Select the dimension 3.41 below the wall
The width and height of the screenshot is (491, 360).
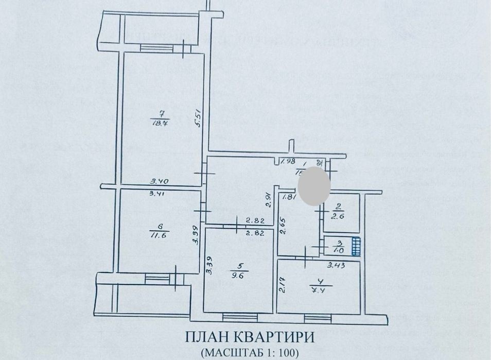pyautogui.click(x=158, y=194)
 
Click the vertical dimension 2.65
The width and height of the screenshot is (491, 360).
pyautogui.click(x=282, y=226)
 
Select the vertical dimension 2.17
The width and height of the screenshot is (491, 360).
pyautogui.click(x=283, y=286)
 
